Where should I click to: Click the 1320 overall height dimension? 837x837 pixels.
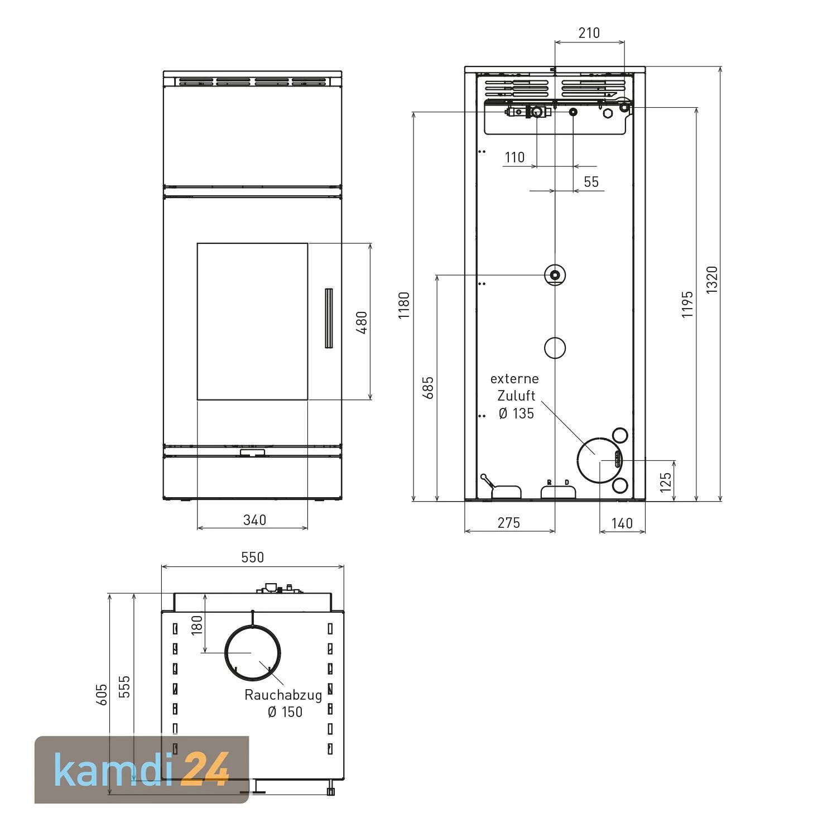713,280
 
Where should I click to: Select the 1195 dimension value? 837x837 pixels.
687,305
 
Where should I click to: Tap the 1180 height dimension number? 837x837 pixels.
403,305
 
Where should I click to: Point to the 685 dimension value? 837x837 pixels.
428,388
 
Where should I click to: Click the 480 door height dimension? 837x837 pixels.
362,323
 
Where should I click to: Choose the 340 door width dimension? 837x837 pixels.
254,520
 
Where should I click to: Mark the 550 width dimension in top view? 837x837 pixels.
253,557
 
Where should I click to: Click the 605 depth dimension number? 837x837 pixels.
101,695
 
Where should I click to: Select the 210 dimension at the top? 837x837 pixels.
589,33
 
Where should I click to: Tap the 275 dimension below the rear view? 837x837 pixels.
509,523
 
